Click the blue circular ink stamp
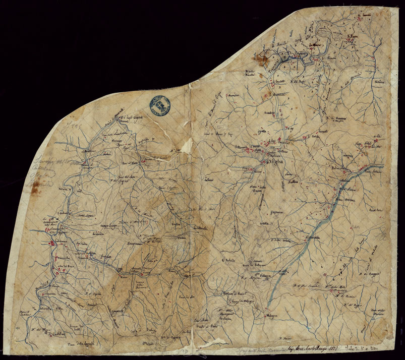coord(159,104)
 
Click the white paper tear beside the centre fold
coord(187,146)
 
